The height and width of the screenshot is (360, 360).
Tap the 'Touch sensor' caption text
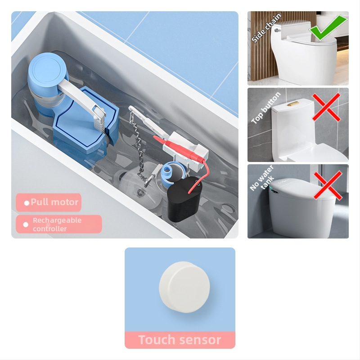[180, 340]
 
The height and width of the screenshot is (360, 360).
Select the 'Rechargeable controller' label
[57, 224]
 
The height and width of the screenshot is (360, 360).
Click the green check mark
[327, 27]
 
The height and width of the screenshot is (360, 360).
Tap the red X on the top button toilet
[327, 108]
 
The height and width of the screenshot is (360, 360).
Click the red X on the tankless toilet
[327, 184]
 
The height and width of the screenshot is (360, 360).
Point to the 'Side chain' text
[266, 28]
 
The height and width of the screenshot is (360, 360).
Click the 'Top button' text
[266, 108]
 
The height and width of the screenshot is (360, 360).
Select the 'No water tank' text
[262, 178]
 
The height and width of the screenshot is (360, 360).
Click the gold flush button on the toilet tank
[293, 103]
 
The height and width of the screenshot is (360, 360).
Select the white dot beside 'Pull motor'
[27, 203]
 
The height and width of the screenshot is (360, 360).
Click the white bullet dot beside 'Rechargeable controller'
[26, 224]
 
